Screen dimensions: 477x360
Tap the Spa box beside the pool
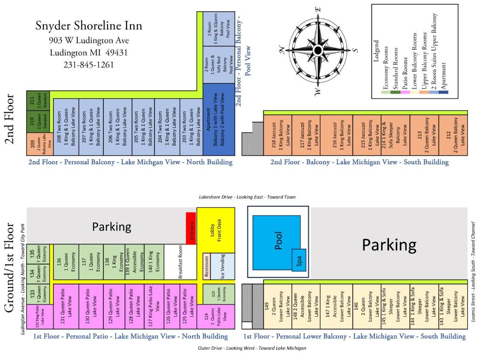(299, 260)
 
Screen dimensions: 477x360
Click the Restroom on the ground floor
(206, 266)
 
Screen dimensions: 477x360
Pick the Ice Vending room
(223, 266)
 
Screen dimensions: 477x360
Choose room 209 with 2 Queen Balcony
(40, 144)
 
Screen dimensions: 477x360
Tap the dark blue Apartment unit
(219, 120)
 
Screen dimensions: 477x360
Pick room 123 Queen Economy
(219, 294)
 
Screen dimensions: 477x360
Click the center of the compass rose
(318, 50)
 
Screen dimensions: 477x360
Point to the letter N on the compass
(282, 49)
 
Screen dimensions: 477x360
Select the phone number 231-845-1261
(89, 65)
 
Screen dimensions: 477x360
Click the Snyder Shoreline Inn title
(89, 26)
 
